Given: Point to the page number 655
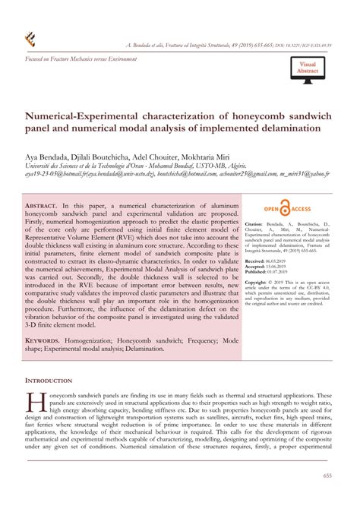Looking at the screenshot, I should coord(327,476).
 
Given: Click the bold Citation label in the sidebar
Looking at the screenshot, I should coord(253,225).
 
